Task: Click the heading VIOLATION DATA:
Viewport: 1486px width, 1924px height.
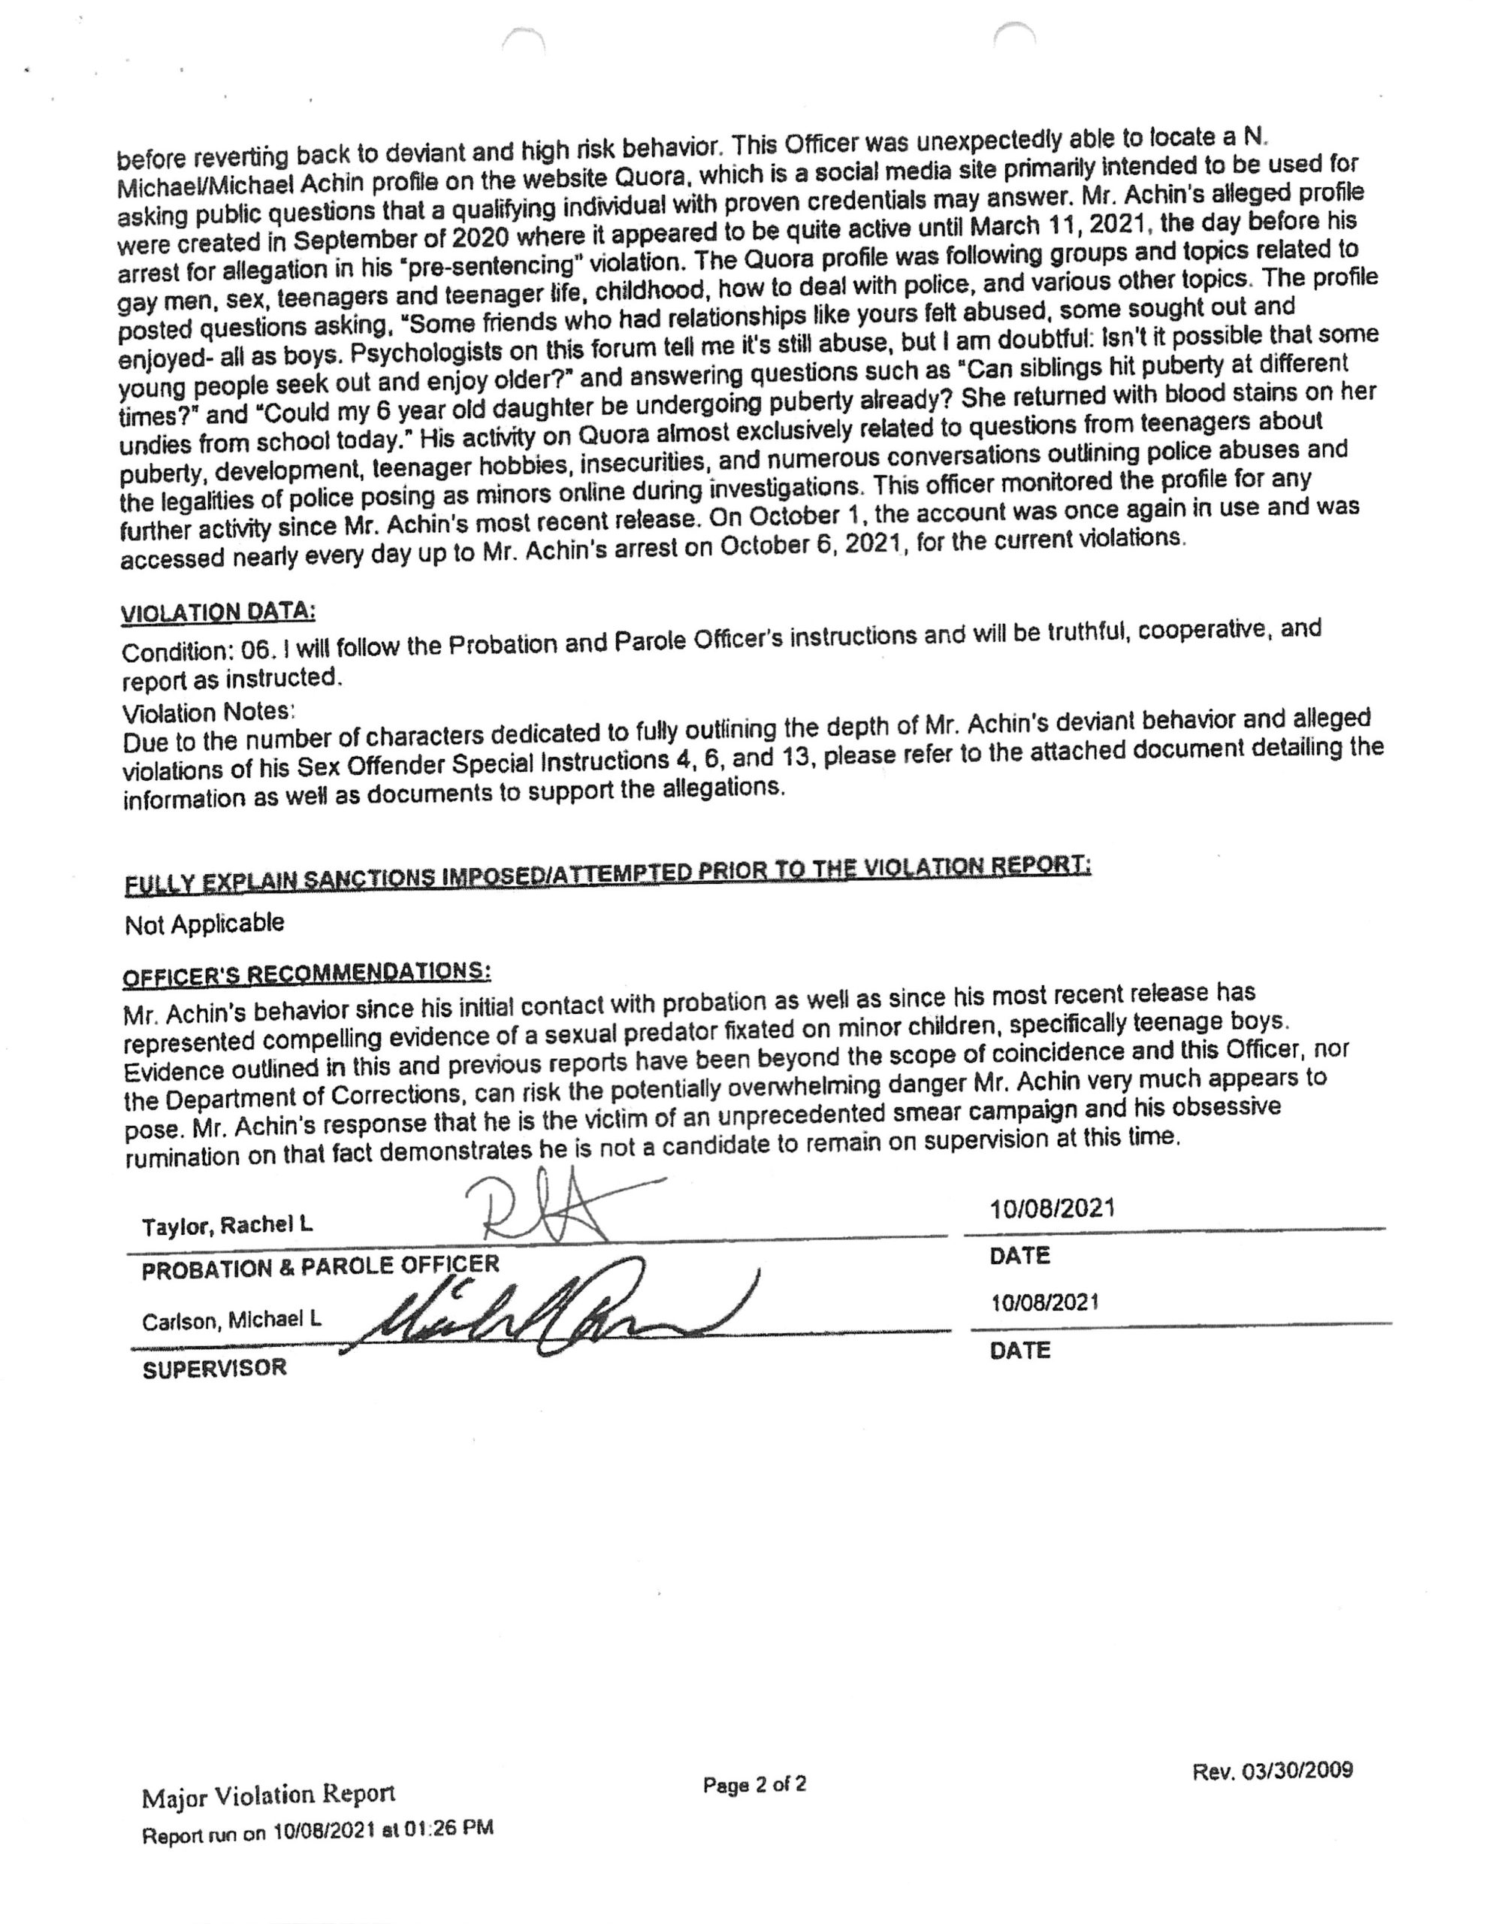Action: coord(218,611)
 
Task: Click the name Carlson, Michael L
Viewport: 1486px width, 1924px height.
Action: coord(231,1320)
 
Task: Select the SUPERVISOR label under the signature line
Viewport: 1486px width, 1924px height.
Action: coord(214,1368)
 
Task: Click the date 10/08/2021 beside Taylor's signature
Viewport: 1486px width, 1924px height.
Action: coord(1052,1208)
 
